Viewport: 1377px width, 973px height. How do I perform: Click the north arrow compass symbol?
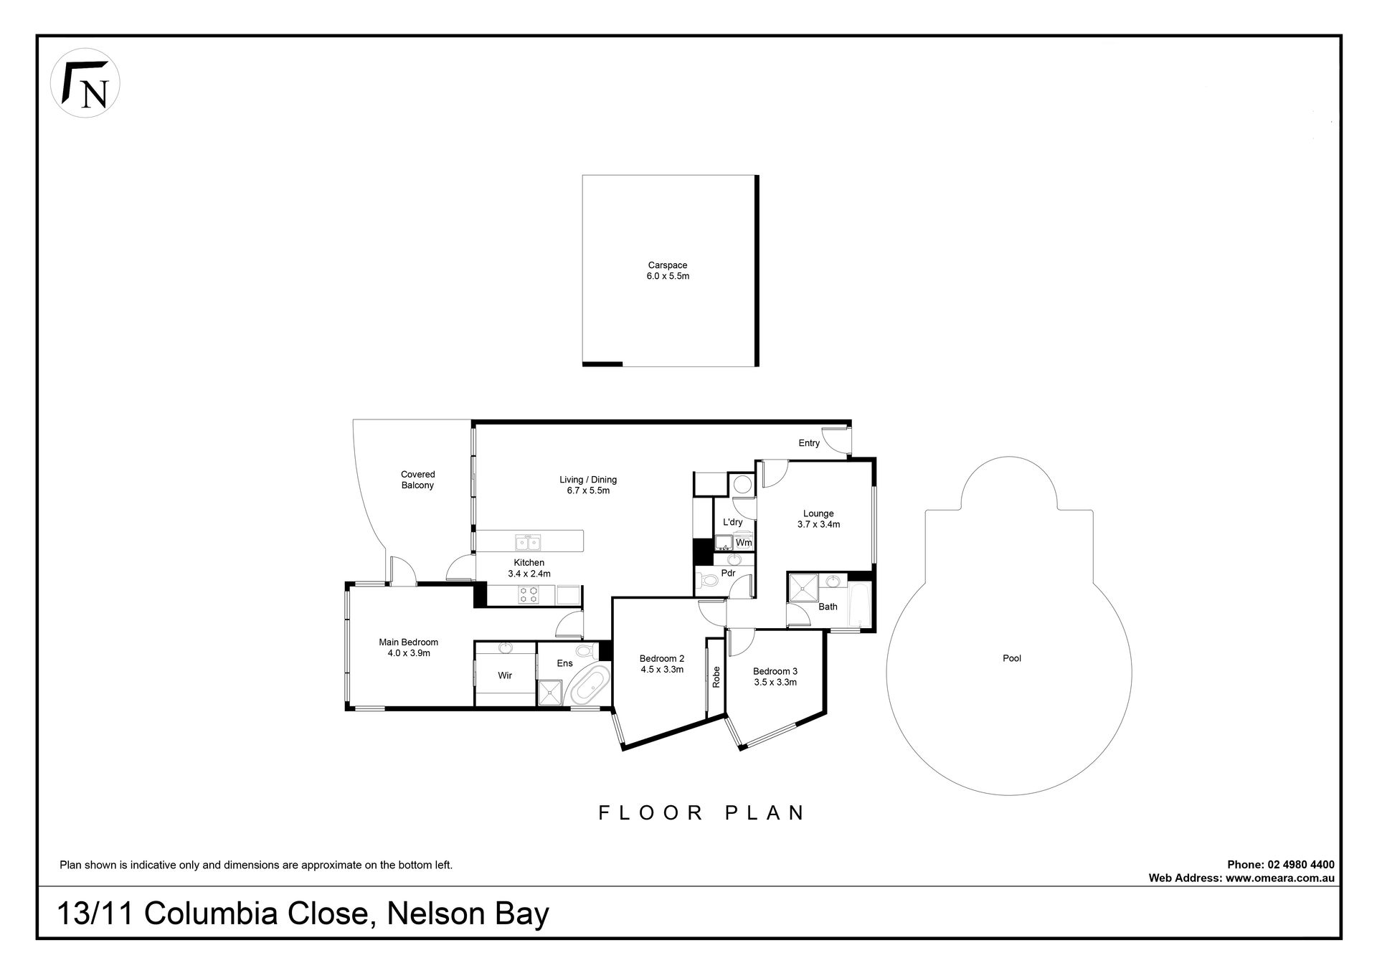[85, 82]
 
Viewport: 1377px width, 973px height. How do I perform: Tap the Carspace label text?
[668, 265]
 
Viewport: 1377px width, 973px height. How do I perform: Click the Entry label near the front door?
[809, 443]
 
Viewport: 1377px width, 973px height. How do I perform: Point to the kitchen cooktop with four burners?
[529, 594]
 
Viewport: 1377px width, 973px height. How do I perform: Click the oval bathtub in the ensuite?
[588, 685]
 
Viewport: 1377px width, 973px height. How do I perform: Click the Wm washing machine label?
[744, 543]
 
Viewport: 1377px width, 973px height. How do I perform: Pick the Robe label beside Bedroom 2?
[716, 678]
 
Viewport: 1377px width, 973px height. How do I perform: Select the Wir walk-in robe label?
[505, 675]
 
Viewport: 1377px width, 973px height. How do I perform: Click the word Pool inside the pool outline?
[1012, 658]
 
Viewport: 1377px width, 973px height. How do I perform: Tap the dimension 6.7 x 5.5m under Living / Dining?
[588, 491]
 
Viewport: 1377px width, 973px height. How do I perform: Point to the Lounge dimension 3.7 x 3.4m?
[818, 524]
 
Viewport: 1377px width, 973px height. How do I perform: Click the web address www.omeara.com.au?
[1280, 878]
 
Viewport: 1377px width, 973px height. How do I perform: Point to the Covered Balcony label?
[418, 480]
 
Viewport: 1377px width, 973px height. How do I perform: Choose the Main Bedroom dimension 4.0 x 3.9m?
[408, 653]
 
